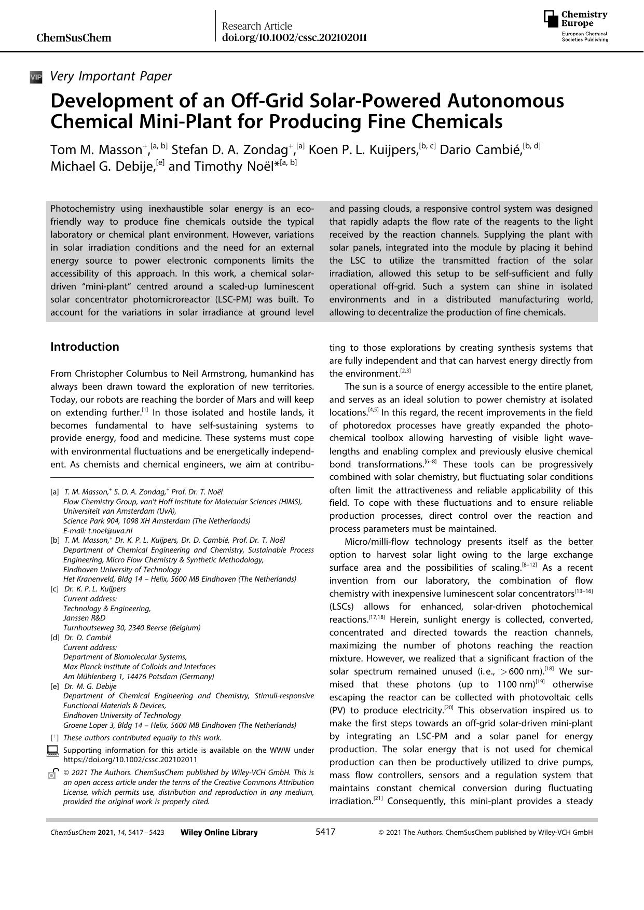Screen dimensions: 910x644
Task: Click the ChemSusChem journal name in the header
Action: tap(74, 38)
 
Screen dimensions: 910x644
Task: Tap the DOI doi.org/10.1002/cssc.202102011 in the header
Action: tap(294, 37)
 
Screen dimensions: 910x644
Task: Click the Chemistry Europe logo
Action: tap(576, 26)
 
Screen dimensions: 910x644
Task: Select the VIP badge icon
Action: tap(36, 77)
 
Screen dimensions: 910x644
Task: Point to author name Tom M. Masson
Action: tap(96, 150)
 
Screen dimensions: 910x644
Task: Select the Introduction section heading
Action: tap(85, 347)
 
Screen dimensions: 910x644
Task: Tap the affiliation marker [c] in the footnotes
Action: tap(54, 589)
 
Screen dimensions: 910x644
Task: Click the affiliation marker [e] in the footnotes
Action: tap(54, 686)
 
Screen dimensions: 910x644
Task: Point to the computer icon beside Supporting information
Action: tap(52, 750)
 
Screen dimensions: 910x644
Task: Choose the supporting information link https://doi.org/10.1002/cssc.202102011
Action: tap(130, 759)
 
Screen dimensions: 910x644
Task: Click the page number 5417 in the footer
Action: tap(325, 832)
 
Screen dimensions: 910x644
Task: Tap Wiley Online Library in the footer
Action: tap(219, 832)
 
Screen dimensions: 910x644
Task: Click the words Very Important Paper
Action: tap(111, 76)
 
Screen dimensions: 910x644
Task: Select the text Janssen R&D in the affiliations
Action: tap(84, 618)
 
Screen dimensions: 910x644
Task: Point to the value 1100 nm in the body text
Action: tap(515, 684)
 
